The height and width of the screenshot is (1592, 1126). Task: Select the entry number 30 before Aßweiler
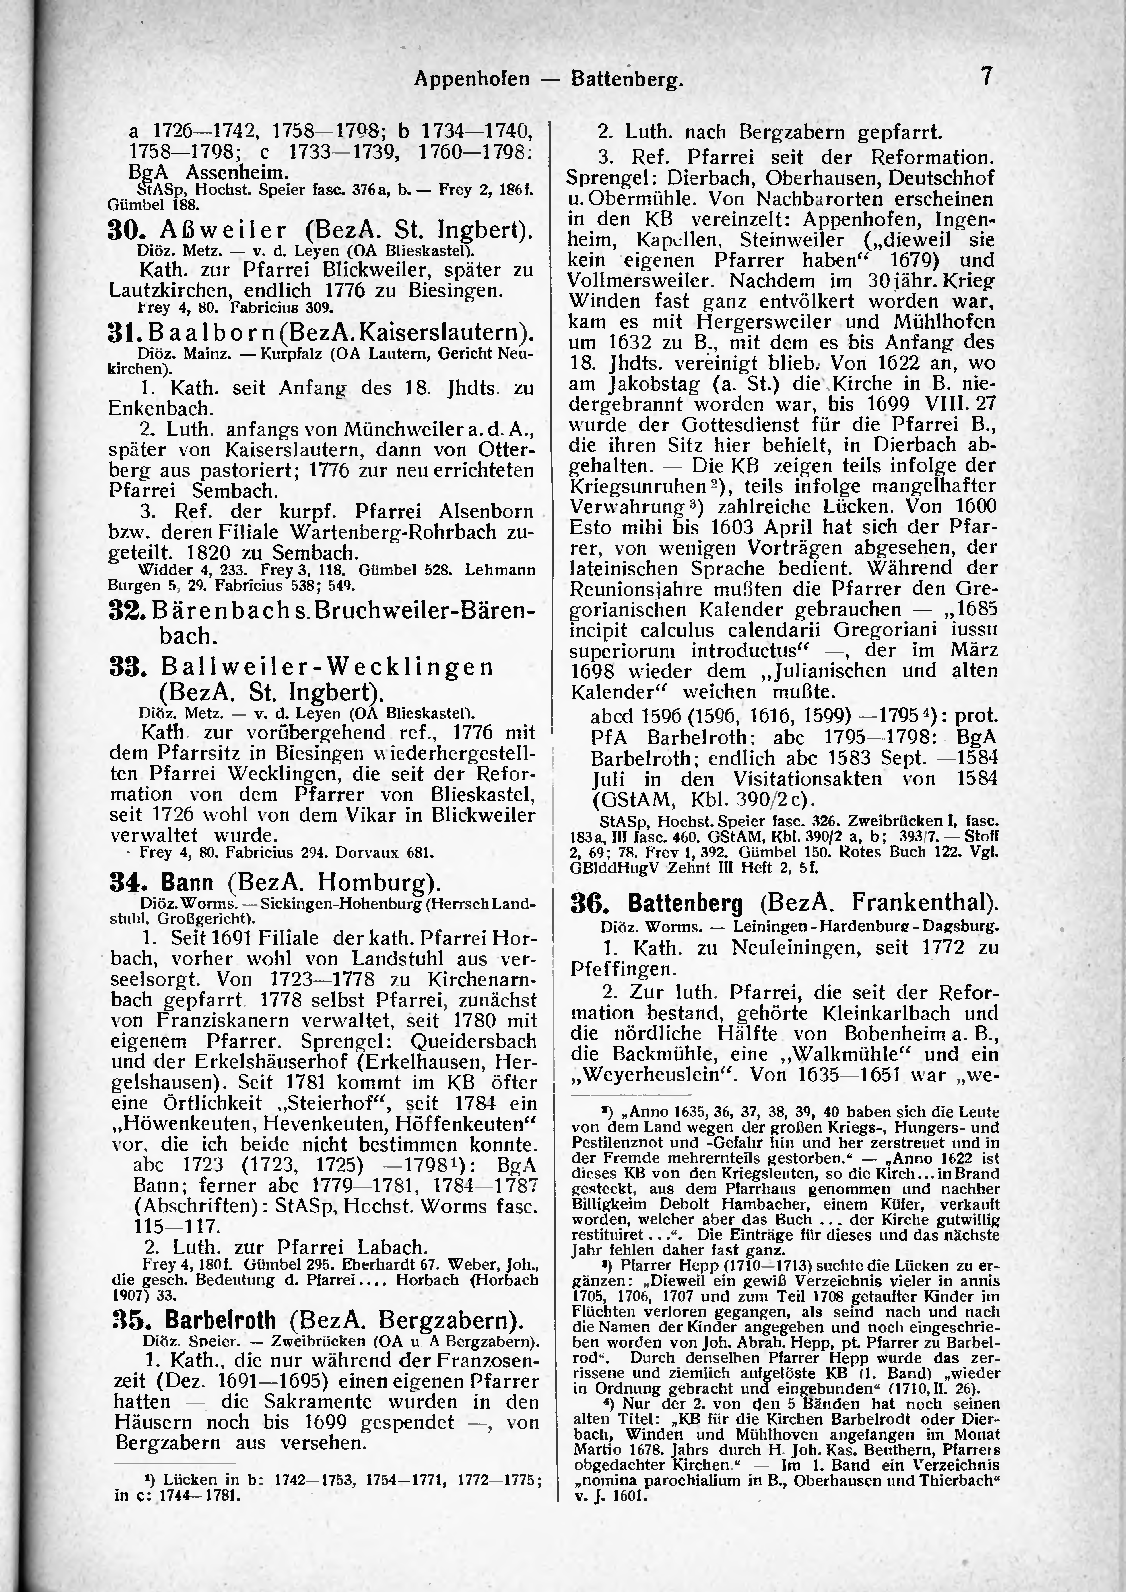tap(125, 230)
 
